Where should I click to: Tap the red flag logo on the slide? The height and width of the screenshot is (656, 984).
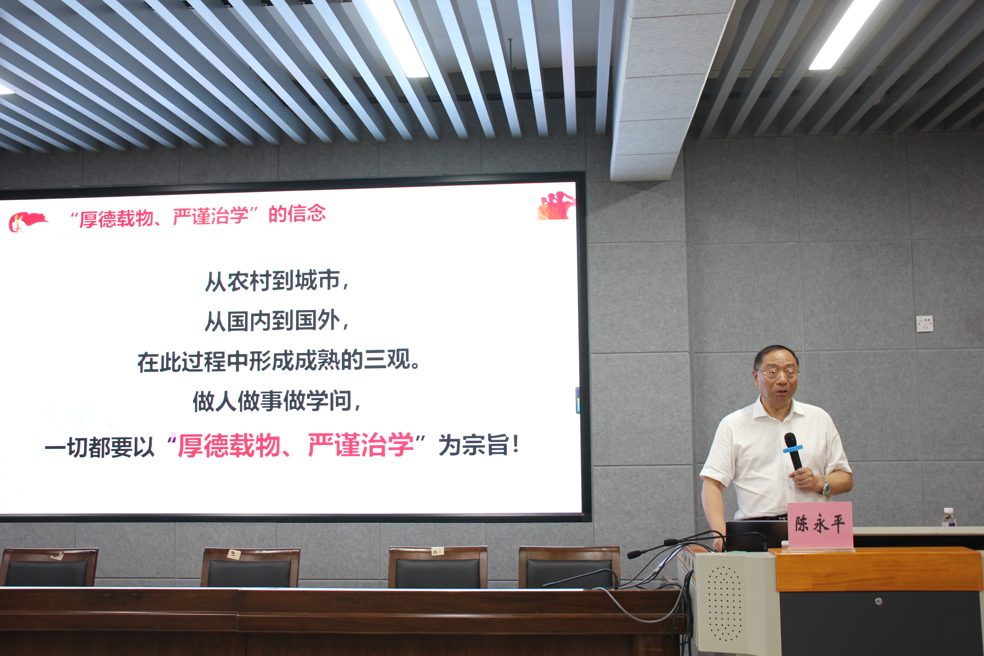(26, 222)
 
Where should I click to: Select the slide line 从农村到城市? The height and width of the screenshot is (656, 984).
(276, 281)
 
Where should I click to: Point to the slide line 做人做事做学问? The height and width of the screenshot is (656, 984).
(276, 401)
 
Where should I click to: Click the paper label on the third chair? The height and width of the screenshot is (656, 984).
(437, 551)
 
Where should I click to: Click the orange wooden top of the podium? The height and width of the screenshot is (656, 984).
(879, 569)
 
